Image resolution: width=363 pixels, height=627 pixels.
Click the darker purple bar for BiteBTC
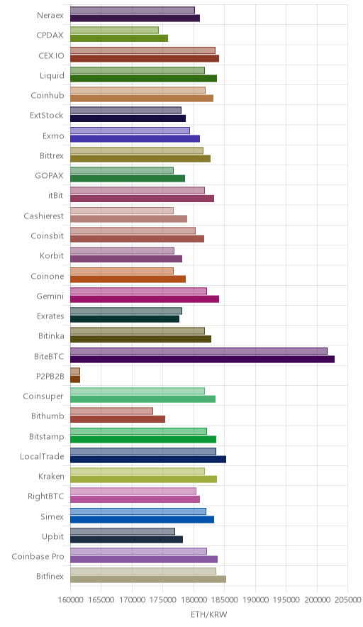(x=202, y=359)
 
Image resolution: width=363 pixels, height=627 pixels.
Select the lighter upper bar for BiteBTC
(x=199, y=351)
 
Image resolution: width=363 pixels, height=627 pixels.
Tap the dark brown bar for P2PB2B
(x=75, y=379)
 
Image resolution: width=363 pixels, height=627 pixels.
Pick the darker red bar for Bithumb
(x=118, y=419)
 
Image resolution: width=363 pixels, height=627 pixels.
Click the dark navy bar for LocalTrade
(x=148, y=459)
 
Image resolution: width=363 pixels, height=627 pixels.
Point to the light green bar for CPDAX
(x=114, y=30)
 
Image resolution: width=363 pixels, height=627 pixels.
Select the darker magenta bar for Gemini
(x=145, y=299)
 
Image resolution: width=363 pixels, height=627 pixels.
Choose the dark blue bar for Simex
(x=143, y=519)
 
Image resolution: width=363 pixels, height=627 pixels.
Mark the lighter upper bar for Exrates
(x=126, y=311)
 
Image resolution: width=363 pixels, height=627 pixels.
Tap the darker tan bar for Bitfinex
(x=148, y=579)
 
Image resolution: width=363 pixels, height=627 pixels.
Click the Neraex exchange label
(x=50, y=15)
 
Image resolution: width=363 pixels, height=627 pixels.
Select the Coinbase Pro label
(x=38, y=556)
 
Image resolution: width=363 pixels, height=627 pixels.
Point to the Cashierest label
(x=43, y=216)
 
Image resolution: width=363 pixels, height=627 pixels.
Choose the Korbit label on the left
(x=52, y=255)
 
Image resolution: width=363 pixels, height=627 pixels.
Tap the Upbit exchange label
(x=52, y=537)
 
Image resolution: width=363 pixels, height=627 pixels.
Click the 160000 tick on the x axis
(x=70, y=599)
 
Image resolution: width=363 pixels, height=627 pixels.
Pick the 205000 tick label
(x=347, y=599)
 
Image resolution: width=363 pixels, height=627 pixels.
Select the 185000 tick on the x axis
(x=224, y=599)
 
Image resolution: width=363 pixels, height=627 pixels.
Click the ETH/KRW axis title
(x=208, y=615)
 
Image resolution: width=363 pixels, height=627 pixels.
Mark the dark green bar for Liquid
(x=143, y=78)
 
